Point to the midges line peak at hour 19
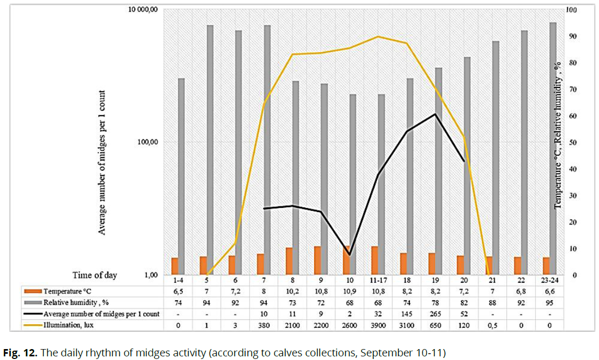[435, 114]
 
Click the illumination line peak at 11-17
[378, 36]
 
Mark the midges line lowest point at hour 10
[350, 255]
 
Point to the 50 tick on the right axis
[574, 142]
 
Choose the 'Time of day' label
[94, 275]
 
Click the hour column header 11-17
[378, 280]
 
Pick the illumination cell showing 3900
[378, 325]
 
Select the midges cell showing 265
[435, 314]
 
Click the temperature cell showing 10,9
[350, 291]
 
